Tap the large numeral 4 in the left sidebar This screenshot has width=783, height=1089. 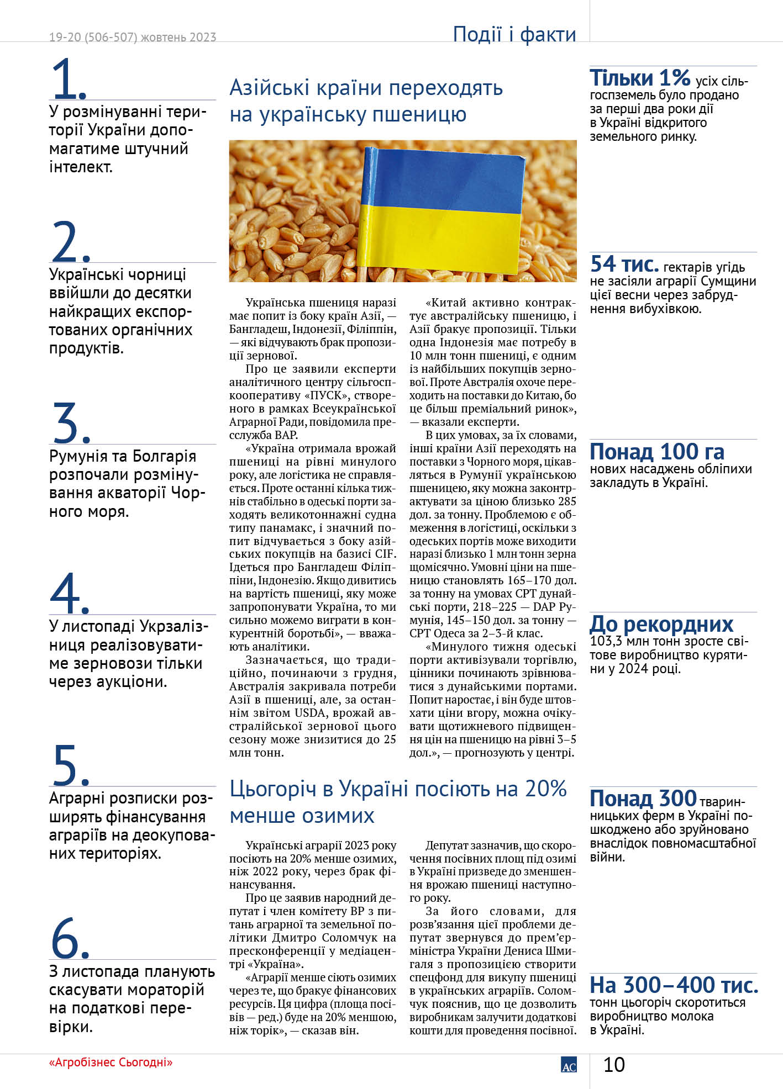click(x=66, y=593)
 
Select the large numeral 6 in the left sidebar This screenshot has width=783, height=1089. click(x=66, y=938)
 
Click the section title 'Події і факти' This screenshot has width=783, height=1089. click(x=514, y=34)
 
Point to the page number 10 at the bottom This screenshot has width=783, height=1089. click(x=613, y=1065)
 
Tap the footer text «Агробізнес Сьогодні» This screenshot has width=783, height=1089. click(x=111, y=1062)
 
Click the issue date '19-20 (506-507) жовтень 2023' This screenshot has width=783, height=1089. click(x=133, y=37)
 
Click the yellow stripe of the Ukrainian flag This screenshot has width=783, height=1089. click(x=439, y=237)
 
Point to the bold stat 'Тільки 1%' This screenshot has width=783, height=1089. click(x=640, y=78)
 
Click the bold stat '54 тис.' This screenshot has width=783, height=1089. click(x=624, y=265)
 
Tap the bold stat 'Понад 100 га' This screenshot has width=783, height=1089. click(x=656, y=452)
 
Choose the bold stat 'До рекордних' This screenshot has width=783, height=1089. click(x=661, y=624)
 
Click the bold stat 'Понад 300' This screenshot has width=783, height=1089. click(x=643, y=799)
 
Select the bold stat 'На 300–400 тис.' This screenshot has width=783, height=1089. click(x=674, y=985)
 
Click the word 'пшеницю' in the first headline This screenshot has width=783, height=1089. click(x=419, y=114)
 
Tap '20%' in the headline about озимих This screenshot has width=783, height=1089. click(x=545, y=789)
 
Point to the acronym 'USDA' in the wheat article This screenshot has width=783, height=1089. click(x=310, y=713)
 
